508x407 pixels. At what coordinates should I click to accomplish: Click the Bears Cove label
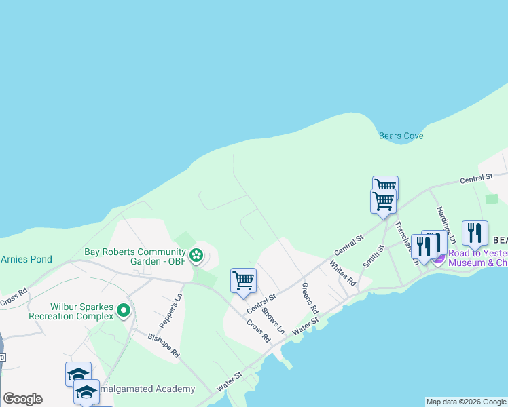(401, 136)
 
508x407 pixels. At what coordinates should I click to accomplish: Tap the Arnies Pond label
(26, 259)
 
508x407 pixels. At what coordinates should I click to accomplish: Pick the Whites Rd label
(342, 272)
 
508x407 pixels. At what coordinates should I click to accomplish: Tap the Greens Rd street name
(310, 297)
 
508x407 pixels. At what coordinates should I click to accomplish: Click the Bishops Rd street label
(164, 344)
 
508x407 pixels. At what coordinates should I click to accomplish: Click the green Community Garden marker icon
(196, 256)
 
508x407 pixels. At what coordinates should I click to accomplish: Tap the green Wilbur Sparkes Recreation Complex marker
(123, 311)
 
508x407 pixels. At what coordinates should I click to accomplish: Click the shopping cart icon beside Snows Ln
(243, 280)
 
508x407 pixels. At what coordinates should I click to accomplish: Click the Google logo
(22, 399)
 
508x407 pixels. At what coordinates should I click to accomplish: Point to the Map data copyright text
(466, 402)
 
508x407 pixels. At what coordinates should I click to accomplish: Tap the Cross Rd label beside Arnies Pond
(14, 296)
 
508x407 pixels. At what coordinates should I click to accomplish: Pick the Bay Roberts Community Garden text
(135, 252)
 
